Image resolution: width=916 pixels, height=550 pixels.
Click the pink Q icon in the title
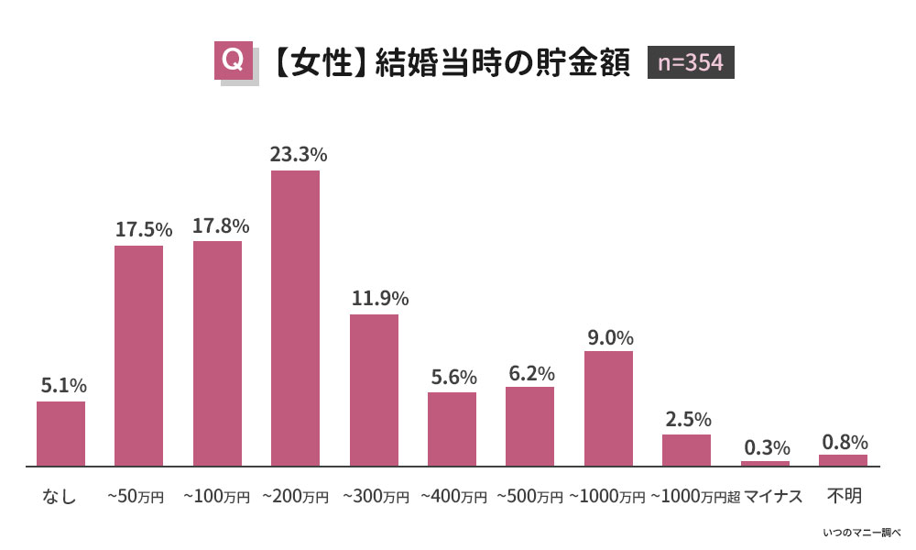pyautogui.click(x=233, y=60)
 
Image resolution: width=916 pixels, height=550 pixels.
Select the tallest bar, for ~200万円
pyautogui.click(x=295, y=318)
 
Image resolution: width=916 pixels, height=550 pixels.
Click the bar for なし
pyautogui.click(x=60, y=434)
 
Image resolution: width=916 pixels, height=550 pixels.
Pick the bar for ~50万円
pyautogui.click(x=138, y=356)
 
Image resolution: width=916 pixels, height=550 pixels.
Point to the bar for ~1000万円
pyautogui.click(x=608, y=409)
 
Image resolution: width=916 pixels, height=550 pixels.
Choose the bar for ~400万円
pyautogui.click(x=452, y=429)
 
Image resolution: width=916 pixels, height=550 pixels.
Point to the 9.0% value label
pyautogui.click(x=609, y=336)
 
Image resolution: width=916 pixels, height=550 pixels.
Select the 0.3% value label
pyautogui.click(x=766, y=447)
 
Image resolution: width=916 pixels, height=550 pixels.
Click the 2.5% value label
pyautogui.click(x=686, y=419)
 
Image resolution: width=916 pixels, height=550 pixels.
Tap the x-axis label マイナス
pyautogui.click(x=773, y=497)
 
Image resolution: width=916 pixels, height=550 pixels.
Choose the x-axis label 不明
pyautogui.click(x=844, y=496)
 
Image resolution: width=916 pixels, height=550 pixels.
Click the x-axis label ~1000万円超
pyautogui.click(x=694, y=497)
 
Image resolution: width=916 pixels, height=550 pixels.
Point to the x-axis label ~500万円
pyautogui.click(x=529, y=497)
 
